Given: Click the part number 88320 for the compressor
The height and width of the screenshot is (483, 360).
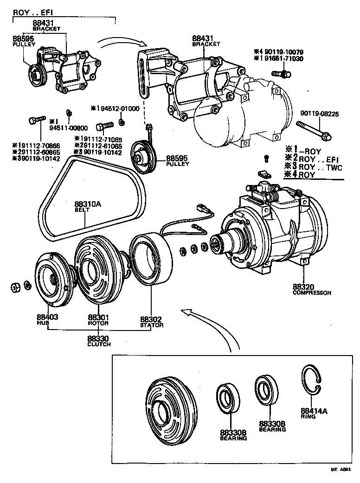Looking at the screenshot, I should coord(302,287).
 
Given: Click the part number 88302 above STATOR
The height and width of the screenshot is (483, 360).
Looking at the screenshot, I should coord(151,319).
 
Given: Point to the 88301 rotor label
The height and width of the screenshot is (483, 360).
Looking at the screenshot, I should coord(98,318).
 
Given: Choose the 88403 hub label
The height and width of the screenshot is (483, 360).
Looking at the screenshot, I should coord(47,318).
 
